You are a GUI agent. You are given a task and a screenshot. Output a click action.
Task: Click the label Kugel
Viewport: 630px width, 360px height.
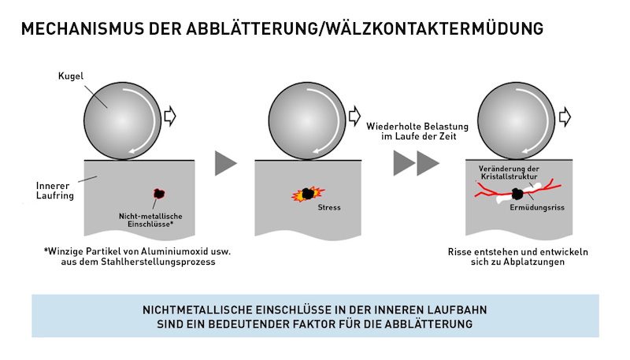click(x=71, y=76)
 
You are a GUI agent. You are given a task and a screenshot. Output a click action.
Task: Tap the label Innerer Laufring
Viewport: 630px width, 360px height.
click(x=55, y=191)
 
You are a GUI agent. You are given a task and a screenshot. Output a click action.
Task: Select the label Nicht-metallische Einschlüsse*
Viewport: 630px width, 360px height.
click(x=150, y=221)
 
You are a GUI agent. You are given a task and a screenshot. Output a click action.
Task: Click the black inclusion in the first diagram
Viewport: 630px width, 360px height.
click(x=159, y=194)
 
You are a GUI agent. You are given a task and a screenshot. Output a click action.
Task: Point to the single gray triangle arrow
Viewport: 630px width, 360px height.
click(x=225, y=163)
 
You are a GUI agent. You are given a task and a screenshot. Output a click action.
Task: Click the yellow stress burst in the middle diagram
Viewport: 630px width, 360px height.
click(x=308, y=194)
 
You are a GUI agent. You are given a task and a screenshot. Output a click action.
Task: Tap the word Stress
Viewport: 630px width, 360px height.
click(x=329, y=208)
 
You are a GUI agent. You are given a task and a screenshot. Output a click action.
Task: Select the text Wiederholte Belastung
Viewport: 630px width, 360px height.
click(x=417, y=127)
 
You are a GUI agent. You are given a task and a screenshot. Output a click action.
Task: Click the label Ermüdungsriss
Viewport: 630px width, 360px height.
click(x=537, y=208)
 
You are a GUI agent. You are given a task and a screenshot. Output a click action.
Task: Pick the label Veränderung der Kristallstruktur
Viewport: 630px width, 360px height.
click(x=509, y=173)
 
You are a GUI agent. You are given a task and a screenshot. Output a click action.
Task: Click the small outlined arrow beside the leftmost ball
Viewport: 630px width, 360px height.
click(x=170, y=117)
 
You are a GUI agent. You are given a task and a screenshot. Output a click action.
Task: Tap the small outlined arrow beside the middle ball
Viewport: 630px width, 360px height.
click(x=354, y=117)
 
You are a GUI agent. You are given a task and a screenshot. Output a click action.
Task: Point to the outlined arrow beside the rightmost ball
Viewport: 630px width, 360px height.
click(x=565, y=117)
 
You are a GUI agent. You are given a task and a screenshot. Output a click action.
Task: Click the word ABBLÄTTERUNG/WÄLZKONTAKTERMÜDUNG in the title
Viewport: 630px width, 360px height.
click(x=365, y=29)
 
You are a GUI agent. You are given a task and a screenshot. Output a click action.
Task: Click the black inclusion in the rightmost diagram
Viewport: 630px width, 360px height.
click(x=517, y=195)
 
